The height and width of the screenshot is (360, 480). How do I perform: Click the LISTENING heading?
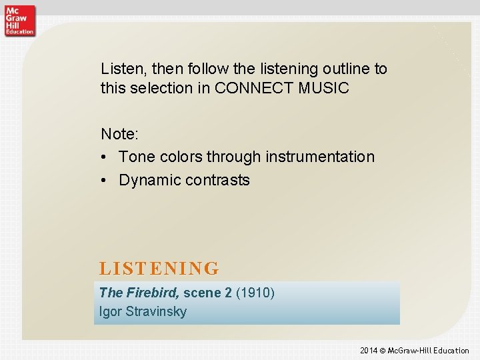click(x=159, y=269)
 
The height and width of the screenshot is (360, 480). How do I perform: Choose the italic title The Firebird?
click(x=139, y=293)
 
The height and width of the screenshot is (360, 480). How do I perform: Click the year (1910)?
click(x=255, y=293)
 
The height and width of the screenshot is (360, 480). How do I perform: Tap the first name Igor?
click(x=110, y=311)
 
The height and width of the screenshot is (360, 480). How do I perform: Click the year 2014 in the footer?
click(x=369, y=351)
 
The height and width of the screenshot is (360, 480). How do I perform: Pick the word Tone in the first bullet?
click(x=135, y=157)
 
